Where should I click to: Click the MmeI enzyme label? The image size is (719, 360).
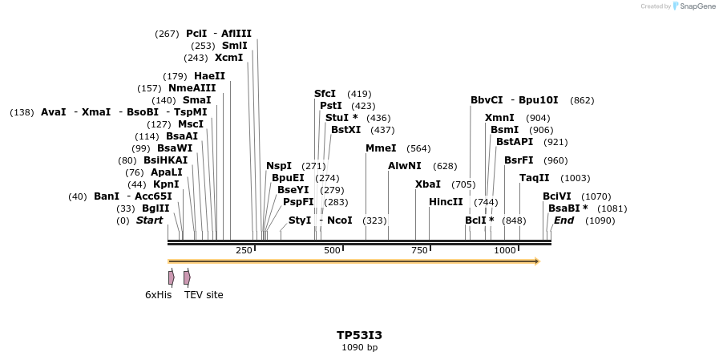(x=381, y=148)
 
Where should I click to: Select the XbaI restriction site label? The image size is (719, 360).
(x=428, y=184)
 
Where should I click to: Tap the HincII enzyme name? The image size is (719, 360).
(x=446, y=202)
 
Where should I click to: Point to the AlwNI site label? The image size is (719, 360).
(x=405, y=166)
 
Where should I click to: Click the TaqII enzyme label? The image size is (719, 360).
(x=535, y=178)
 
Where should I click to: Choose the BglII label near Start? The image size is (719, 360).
(x=155, y=208)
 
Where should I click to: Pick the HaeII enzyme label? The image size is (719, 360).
(x=209, y=76)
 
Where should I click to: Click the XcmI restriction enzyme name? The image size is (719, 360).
(x=228, y=58)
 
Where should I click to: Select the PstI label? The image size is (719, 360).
(x=331, y=106)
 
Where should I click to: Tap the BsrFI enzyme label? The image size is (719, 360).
(x=519, y=160)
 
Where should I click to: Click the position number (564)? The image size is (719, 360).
(x=418, y=148)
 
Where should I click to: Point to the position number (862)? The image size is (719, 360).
(x=582, y=100)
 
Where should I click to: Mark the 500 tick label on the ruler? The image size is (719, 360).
(x=332, y=251)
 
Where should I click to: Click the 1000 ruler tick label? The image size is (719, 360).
(x=505, y=251)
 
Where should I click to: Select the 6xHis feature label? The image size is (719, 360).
(x=158, y=295)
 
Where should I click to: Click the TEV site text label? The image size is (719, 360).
(x=204, y=295)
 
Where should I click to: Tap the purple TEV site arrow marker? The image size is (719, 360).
(x=187, y=277)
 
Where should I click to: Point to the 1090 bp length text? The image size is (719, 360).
(x=359, y=348)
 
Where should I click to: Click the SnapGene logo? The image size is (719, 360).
(x=690, y=6)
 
